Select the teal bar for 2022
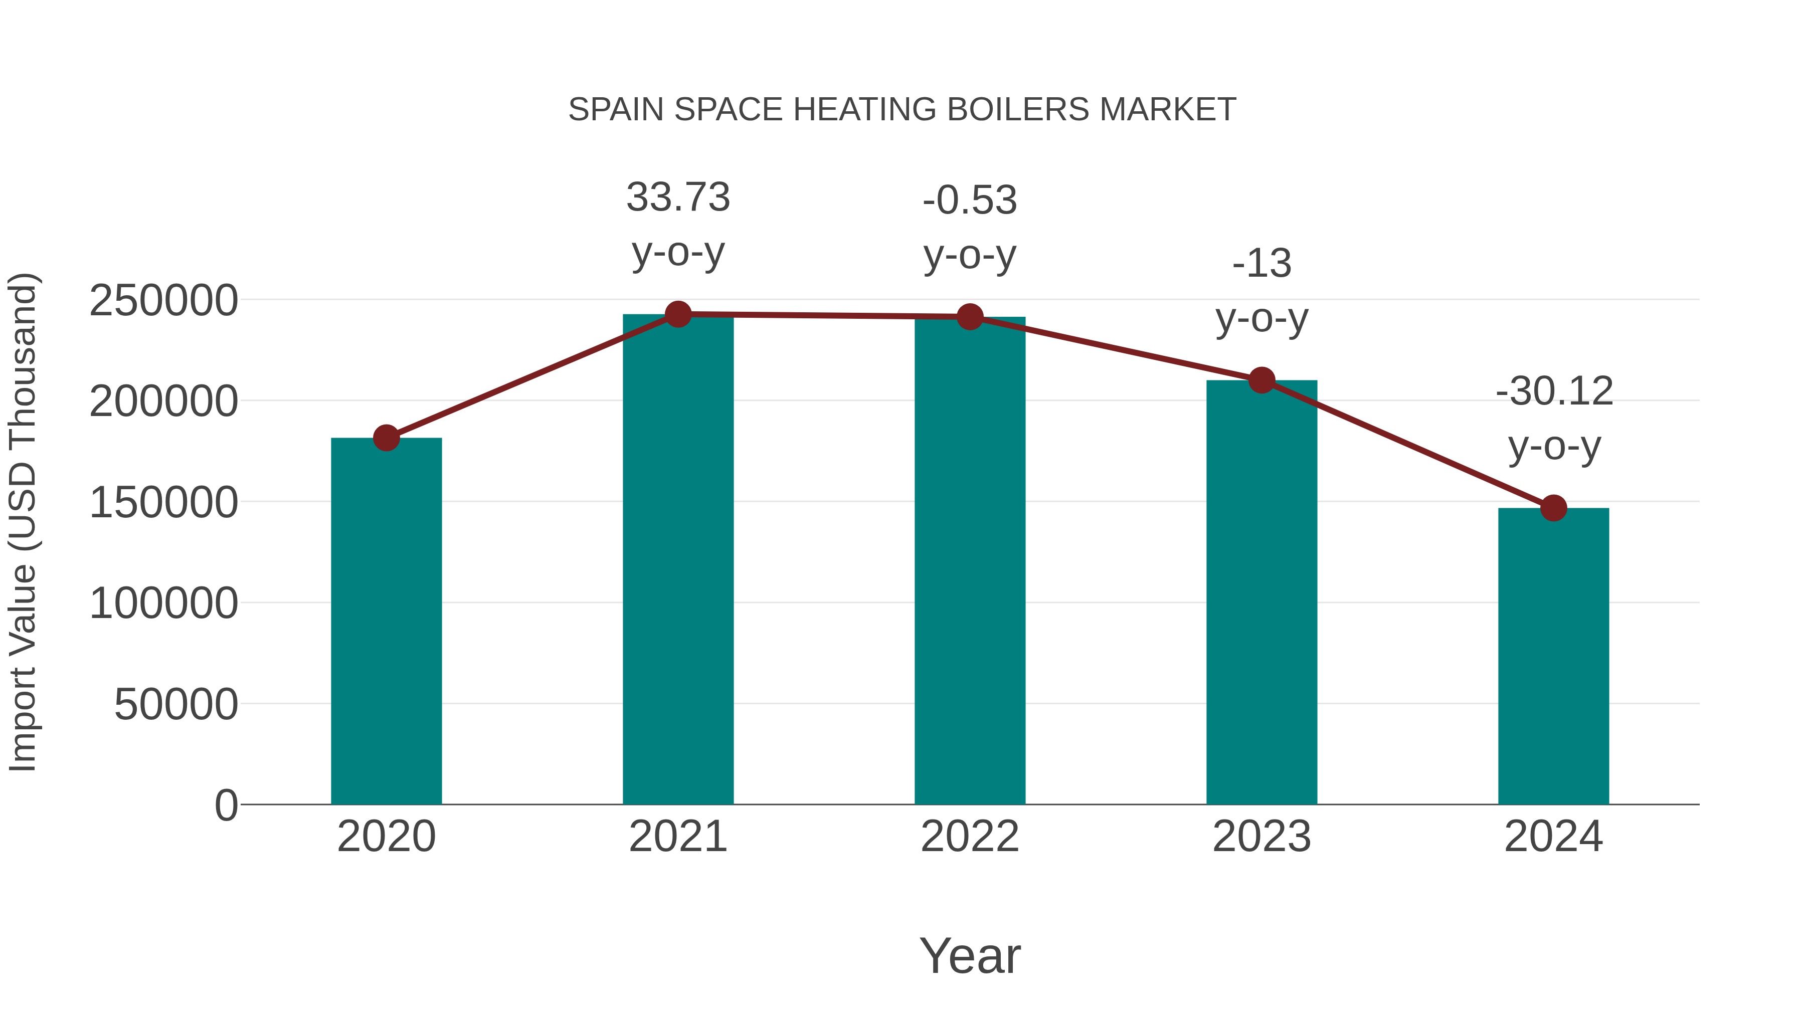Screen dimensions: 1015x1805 [x=970, y=560]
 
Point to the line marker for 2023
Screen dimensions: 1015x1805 [x=1262, y=380]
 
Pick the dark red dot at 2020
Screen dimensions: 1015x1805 [x=386, y=438]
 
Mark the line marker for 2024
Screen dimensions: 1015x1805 [x=1553, y=508]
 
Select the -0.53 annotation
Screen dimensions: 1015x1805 [x=970, y=200]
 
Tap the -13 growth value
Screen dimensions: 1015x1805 [x=1262, y=264]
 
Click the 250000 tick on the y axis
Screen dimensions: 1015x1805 [x=163, y=301]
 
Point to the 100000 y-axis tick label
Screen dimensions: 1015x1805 [x=163, y=604]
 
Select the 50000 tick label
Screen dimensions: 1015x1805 [x=176, y=705]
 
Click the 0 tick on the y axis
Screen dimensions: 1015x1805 [x=226, y=805]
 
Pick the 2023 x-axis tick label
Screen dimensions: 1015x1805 [x=1262, y=837]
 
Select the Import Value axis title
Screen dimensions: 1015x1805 [x=23, y=522]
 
